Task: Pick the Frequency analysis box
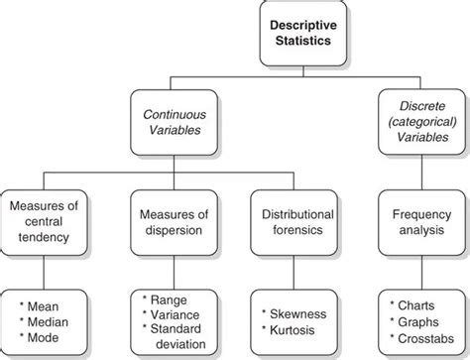(415, 224)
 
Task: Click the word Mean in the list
(44, 307)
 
